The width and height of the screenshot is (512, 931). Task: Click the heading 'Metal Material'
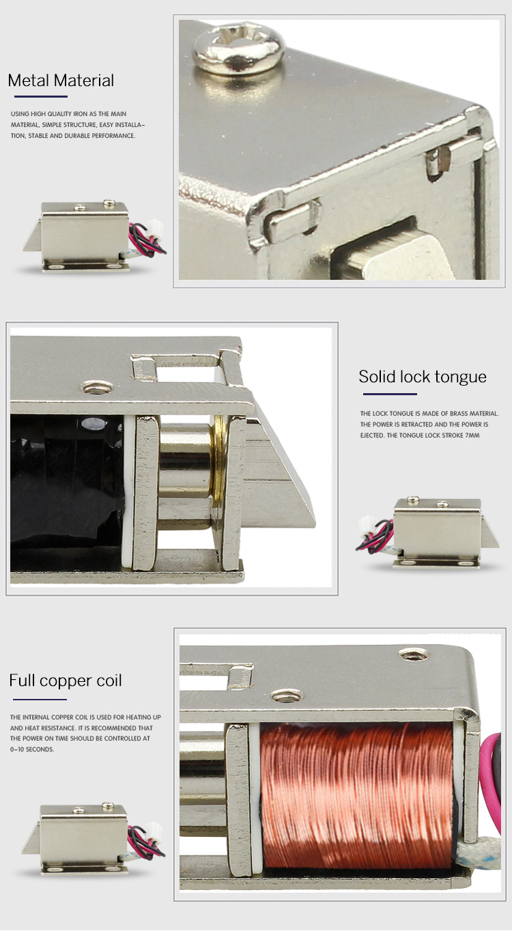pyautogui.click(x=61, y=81)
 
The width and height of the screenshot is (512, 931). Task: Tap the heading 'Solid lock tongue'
pyautogui.click(x=423, y=377)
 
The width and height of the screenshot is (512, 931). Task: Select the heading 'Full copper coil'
pyautogui.click(x=66, y=681)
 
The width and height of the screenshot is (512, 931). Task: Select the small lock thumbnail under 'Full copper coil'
pyautogui.click(x=96, y=840)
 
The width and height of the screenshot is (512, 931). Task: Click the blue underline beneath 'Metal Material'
pyautogui.click(x=41, y=97)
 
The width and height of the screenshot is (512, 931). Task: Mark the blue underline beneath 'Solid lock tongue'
pyautogui.click(x=389, y=394)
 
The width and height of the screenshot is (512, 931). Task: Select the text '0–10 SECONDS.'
pyautogui.click(x=32, y=749)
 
